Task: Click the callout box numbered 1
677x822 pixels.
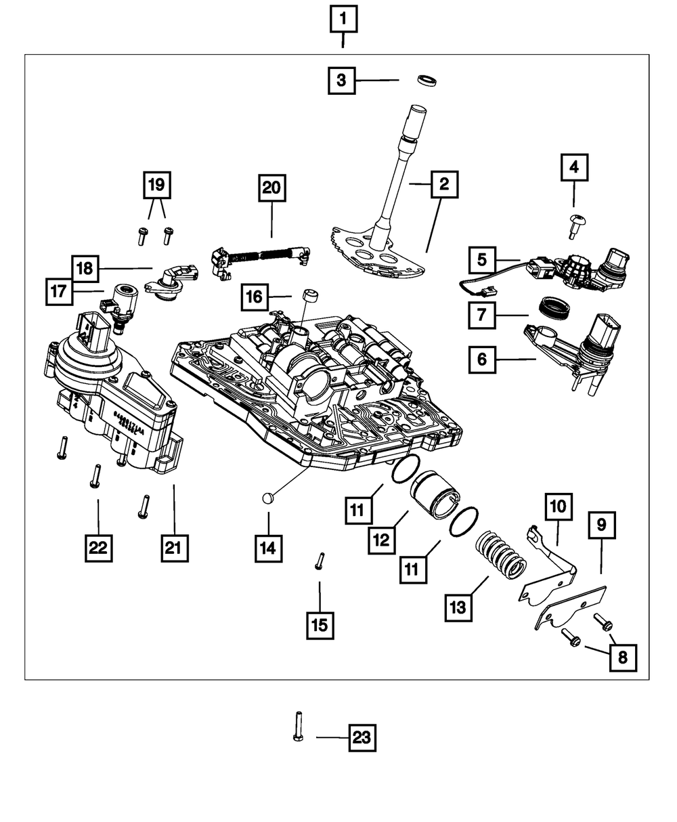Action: tap(343, 21)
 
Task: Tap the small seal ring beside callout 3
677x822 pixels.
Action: tap(427, 81)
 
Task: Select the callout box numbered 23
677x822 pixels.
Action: tap(362, 738)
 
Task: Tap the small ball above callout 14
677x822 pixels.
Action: tap(267, 499)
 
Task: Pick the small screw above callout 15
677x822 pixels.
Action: tap(320, 561)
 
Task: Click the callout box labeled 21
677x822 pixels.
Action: tap(174, 548)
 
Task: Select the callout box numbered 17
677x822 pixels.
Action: tap(60, 292)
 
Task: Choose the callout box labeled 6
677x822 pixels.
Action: tap(482, 360)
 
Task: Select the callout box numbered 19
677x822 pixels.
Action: tap(156, 184)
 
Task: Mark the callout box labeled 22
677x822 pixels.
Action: tap(98, 548)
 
